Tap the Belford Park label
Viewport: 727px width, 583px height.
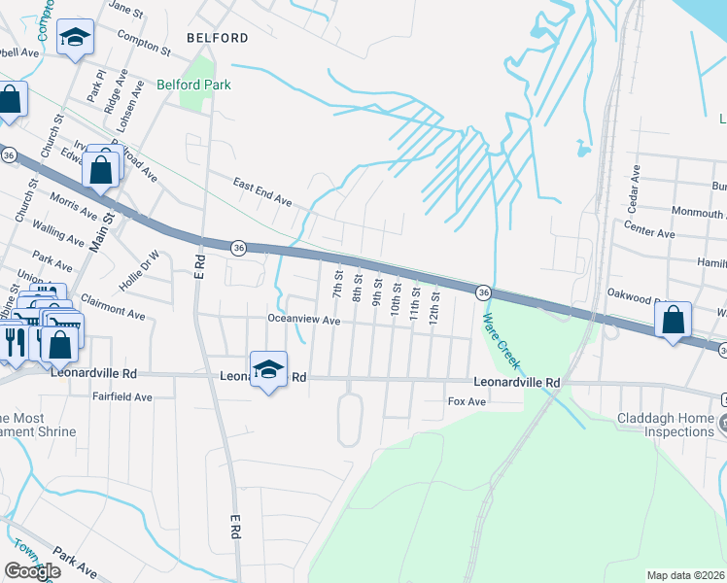[194, 85]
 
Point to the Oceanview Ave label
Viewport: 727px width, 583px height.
[304, 320]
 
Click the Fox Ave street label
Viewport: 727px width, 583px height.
[466, 401]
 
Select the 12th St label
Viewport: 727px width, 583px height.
[434, 304]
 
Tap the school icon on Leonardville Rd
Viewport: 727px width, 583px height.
[268, 369]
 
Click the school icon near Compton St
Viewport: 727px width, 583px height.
[74, 39]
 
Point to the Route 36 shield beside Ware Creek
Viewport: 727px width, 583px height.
[481, 292]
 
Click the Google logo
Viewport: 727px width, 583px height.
[33, 570]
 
